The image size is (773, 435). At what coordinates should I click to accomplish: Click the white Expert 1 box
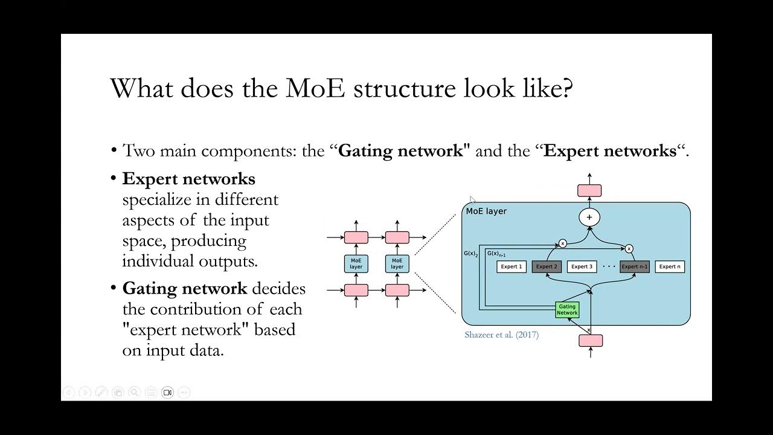point(512,266)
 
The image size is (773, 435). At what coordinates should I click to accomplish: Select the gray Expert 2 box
point(547,266)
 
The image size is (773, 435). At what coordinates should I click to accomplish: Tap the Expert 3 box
point(582,266)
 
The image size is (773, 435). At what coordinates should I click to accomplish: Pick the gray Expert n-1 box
point(635,266)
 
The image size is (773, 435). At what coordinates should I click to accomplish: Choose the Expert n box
point(670,266)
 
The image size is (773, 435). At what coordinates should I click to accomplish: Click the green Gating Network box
point(567,310)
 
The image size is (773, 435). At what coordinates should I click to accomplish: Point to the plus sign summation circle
point(589,217)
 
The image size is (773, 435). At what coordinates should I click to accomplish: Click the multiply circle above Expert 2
point(562,243)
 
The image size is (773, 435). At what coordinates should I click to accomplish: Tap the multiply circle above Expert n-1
point(629,248)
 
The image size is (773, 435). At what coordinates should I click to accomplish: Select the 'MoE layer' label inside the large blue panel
point(486,211)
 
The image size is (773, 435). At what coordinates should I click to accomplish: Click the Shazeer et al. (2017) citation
point(501,335)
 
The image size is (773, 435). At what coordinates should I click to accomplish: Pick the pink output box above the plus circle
point(589,191)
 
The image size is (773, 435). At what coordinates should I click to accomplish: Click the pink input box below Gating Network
point(590,341)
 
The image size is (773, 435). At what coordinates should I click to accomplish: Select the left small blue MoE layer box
point(356,263)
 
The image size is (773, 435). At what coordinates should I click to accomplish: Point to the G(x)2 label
point(470,254)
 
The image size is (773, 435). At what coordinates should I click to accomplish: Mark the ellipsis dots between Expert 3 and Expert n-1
point(609,266)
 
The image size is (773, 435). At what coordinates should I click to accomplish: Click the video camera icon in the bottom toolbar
point(167,393)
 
